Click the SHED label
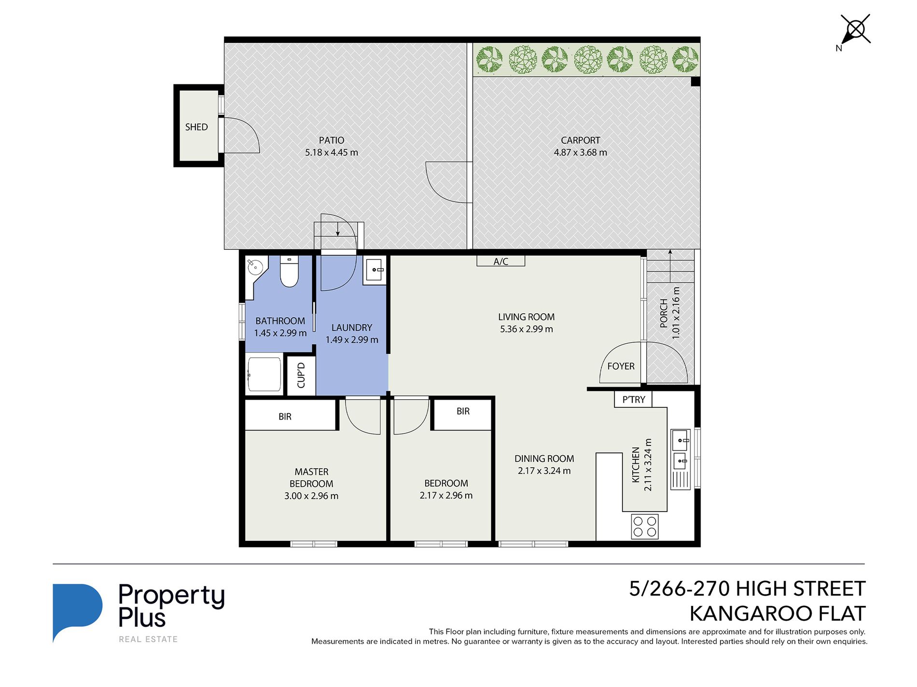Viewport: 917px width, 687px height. coord(196,127)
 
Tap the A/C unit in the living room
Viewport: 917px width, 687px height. coord(501,261)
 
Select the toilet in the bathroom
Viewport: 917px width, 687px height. coord(290,271)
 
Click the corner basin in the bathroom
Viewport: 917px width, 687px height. coord(255,267)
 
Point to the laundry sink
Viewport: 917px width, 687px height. coord(375,270)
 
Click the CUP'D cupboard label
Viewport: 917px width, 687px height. coord(301,376)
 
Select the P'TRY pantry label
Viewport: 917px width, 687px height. coord(634,400)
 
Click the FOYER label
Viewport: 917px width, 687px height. coord(621,366)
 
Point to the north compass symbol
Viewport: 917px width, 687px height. coord(855,31)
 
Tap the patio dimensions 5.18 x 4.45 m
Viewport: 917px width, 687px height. coord(332,152)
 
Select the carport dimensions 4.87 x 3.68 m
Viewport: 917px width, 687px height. coord(581,152)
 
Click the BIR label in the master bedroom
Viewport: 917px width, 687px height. coord(285,417)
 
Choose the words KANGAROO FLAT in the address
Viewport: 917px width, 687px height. coord(778,614)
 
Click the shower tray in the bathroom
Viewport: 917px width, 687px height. coord(264,375)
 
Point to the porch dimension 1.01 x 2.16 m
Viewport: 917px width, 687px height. coord(676,313)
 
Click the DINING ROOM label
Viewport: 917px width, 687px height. coord(544,459)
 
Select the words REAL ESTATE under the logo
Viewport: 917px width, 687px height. coord(149,639)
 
